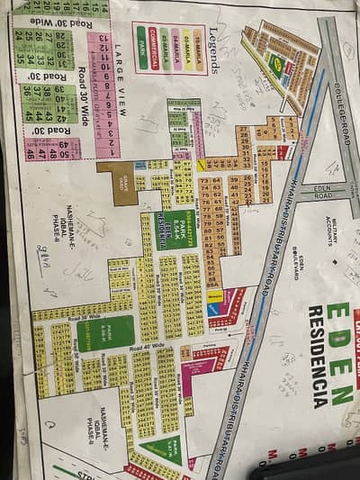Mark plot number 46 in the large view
pyautogui.click(x=30, y=154)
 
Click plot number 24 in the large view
pyautogui.click(x=18, y=36)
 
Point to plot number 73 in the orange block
pyautogui.click(x=204, y=180)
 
